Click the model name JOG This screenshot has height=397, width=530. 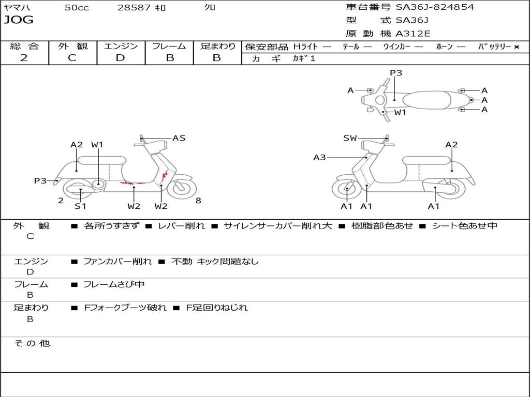point(19,20)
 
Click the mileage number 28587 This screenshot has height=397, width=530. point(134,8)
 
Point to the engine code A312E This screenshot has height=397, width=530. point(413,34)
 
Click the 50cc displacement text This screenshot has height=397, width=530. point(77,8)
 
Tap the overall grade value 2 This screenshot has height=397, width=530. point(24,58)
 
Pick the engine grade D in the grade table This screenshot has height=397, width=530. point(120,58)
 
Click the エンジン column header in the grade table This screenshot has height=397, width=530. point(121,46)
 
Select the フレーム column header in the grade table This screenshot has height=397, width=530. point(169,46)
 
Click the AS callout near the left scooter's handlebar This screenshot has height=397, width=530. point(179,138)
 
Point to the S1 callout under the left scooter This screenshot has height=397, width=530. point(80,206)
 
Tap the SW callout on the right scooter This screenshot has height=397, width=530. point(350,138)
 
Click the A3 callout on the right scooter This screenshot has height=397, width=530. point(319,157)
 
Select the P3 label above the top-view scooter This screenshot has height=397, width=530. point(396,73)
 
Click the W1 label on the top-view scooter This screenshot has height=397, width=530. point(400,112)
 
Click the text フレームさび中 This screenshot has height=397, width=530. point(114,284)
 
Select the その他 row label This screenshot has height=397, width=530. point(32,343)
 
